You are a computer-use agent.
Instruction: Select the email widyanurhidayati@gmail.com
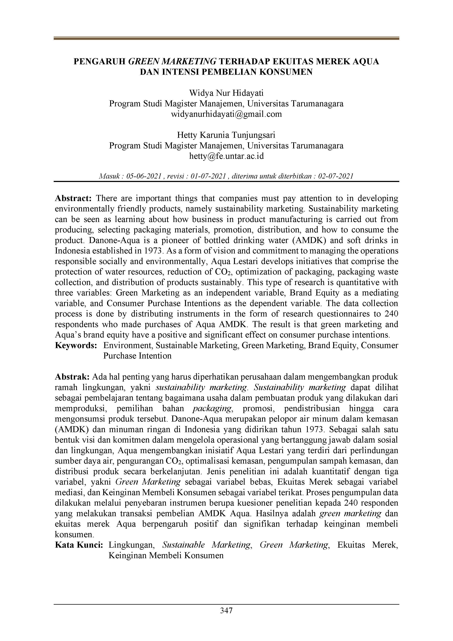click(x=226, y=114)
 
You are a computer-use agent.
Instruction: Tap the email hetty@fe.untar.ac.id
click(x=226, y=156)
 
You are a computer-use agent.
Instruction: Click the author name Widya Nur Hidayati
click(x=226, y=93)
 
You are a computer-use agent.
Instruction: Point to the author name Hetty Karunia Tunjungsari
click(x=226, y=135)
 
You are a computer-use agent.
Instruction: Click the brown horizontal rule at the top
click(x=226, y=39)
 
